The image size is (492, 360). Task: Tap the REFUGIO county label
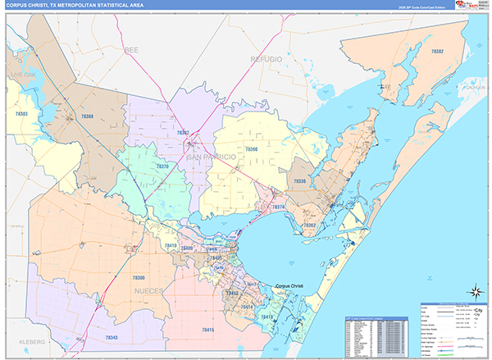click(x=266, y=60)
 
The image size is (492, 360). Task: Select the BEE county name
click(x=132, y=50)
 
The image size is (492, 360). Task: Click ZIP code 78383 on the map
click(x=20, y=113)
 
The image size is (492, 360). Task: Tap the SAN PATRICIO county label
click(x=211, y=156)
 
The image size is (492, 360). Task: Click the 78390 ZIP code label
click(x=251, y=149)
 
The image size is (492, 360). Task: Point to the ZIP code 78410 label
click(x=170, y=244)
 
